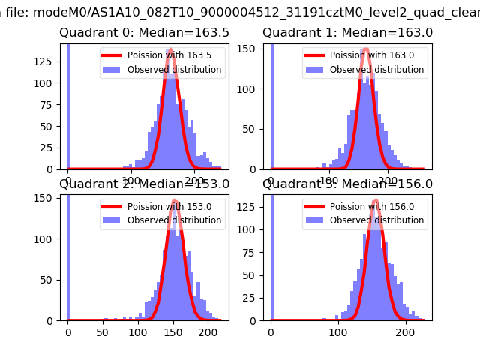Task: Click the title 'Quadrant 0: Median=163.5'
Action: [145, 33]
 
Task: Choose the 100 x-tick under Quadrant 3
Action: [339, 329]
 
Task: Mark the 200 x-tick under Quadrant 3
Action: [406, 329]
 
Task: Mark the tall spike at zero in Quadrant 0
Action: [69, 105]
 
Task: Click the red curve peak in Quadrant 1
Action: [366, 51]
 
